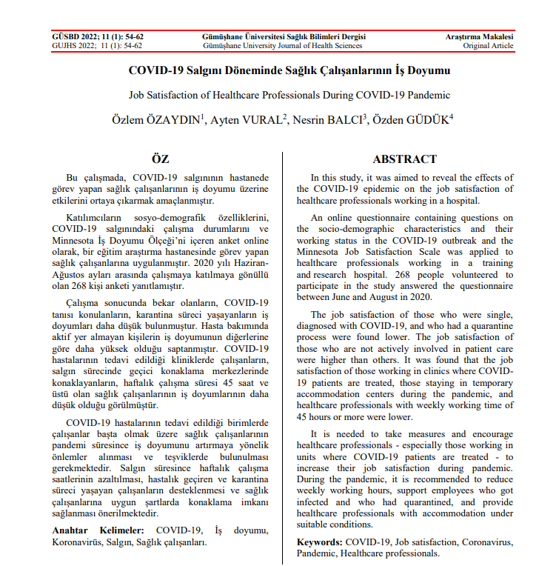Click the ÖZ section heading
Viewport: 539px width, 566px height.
pyautogui.click(x=160, y=159)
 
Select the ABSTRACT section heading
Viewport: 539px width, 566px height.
pyautogui.click(x=404, y=159)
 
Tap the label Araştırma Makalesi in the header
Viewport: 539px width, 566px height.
pyautogui.click(x=479, y=36)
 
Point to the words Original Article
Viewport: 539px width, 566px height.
pyautogui.click(x=488, y=46)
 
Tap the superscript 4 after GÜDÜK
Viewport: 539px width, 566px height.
pyautogui.click(x=451, y=116)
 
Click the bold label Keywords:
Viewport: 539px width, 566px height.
pyautogui.click(x=320, y=542)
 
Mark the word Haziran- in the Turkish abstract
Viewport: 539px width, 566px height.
pyautogui.click(x=245, y=263)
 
